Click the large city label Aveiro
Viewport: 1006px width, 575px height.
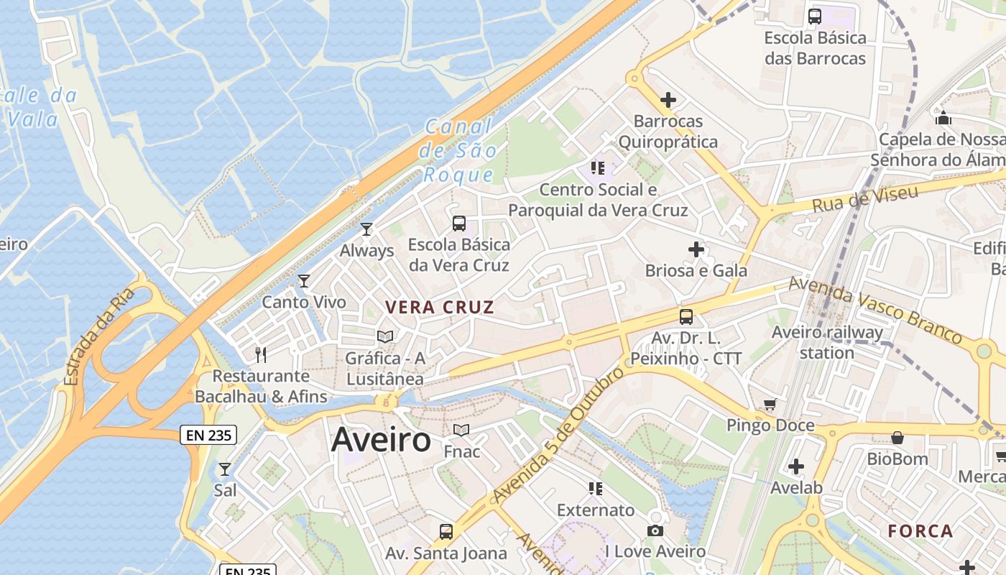[x=381, y=440]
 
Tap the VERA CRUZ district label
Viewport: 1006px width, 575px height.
[x=439, y=308]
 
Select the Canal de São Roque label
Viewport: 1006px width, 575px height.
[x=459, y=151]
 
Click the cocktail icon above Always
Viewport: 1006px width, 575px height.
[x=366, y=229]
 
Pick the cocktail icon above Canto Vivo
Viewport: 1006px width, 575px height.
[x=304, y=281]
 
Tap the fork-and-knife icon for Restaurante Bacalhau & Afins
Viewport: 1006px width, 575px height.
[x=262, y=354]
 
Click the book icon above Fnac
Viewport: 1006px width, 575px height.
[x=461, y=431]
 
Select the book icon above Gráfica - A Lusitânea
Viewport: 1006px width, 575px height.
[x=385, y=336]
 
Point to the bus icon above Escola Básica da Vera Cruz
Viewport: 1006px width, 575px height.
[x=459, y=224]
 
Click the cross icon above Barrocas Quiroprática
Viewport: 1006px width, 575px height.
[x=668, y=100]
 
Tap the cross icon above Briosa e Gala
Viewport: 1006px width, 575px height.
[x=696, y=249]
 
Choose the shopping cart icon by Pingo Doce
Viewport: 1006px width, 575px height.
[x=770, y=405]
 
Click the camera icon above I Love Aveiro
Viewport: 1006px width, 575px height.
[x=655, y=530]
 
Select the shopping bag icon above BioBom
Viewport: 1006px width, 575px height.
[x=897, y=438]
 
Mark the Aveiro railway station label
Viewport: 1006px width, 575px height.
[x=827, y=342]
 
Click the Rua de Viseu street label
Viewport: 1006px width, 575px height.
[x=865, y=198]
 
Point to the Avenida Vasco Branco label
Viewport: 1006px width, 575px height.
[x=875, y=310]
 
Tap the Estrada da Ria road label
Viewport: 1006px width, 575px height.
[x=99, y=336]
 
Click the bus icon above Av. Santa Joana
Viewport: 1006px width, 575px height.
[x=446, y=532]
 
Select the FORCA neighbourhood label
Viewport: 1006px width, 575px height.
[x=920, y=531]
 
